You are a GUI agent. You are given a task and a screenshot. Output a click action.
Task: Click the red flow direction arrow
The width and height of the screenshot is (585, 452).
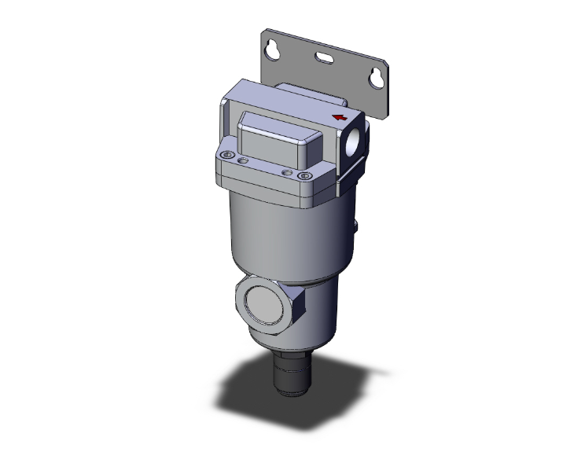(340, 118)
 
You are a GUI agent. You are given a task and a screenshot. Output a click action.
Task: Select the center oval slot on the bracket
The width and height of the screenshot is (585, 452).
(324, 57)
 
